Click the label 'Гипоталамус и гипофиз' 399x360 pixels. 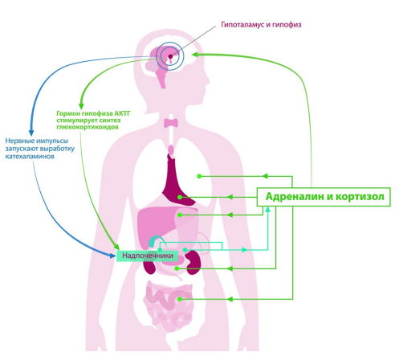tap(261, 25)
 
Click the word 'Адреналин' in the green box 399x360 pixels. tap(294, 197)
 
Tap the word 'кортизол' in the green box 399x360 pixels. tap(360, 197)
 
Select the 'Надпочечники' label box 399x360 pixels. tap(148, 256)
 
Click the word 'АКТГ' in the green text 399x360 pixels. tap(122, 113)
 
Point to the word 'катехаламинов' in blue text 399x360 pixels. tap(30, 156)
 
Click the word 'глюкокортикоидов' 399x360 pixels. tap(88, 127)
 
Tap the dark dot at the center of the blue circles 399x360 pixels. tap(170, 56)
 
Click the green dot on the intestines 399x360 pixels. tap(180, 299)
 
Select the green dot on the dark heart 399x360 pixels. tap(180, 197)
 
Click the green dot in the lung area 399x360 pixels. tap(199, 176)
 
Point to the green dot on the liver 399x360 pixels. tap(180, 215)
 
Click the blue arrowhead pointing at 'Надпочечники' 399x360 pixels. tap(113, 255)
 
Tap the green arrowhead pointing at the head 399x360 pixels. tap(195, 55)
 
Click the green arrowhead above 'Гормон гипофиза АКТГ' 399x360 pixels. tap(81, 106)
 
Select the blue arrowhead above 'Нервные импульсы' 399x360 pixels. tap(31, 133)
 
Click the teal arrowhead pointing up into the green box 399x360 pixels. tap(267, 210)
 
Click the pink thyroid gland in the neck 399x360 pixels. tap(171, 123)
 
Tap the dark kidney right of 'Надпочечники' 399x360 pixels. tap(193, 263)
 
